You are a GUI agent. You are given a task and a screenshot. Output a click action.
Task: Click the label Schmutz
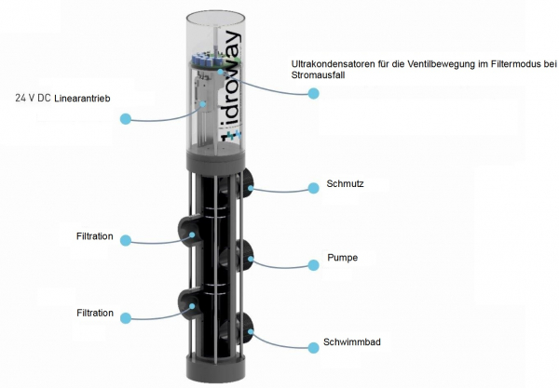[x=345, y=183]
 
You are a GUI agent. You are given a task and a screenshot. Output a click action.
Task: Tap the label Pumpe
[x=343, y=258]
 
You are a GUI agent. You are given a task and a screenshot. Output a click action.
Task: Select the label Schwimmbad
[x=352, y=341]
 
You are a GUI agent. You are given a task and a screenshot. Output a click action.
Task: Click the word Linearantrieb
[x=82, y=99]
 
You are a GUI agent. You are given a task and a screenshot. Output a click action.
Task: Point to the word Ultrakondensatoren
[x=334, y=64]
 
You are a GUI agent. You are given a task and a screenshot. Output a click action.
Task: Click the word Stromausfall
[x=318, y=75]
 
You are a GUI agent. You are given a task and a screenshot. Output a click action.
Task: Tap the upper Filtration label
[x=94, y=236]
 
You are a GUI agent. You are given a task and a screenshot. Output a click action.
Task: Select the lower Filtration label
[x=95, y=313]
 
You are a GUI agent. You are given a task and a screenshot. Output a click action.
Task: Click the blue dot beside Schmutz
[x=313, y=188]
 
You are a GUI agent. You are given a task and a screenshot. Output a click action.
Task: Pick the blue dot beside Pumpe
[x=313, y=265]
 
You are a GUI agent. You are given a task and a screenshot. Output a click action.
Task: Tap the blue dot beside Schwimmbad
[x=313, y=348]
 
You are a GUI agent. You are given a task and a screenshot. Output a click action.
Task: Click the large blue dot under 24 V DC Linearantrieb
[x=126, y=119]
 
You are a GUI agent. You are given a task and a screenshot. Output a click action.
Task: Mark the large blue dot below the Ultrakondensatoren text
[x=313, y=93]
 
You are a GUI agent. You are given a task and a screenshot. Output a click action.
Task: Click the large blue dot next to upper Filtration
[x=126, y=240]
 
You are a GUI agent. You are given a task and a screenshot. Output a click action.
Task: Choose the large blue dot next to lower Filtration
[x=126, y=318]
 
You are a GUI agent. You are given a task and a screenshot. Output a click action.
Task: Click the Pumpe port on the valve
[x=244, y=255]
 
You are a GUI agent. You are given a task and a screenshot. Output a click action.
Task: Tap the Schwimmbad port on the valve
[x=244, y=328]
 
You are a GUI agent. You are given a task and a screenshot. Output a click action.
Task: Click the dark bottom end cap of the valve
[x=216, y=368]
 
